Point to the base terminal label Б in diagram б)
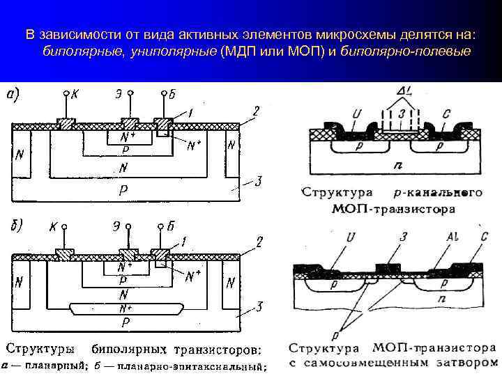pyautogui.click(x=170, y=226)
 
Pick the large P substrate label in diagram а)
pyautogui.click(x=124, y=189)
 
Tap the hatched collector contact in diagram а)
pyautogui.click(x=66, y=123)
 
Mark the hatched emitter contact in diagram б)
pyautogui.click(x=126, y=254)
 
